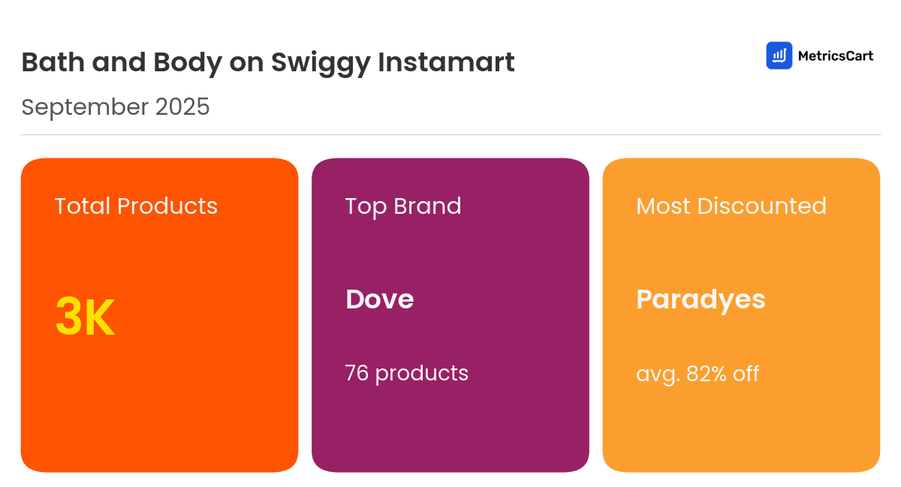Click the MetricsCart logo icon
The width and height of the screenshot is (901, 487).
coord(779,56)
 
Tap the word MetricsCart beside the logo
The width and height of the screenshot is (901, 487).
coord(835,56)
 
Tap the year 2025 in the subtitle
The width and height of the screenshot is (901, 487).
coord(182,107)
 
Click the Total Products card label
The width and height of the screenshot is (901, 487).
coord(136,206)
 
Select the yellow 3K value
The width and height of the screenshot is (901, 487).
coord(85,317)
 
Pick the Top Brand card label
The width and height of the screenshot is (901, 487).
coord(403,206)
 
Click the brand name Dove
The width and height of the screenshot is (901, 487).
coord(379,299)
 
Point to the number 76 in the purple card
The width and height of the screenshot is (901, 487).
coord(357,373)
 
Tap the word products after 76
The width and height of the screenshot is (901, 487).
coord(421,374)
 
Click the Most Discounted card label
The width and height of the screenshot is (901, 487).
coord(731,206)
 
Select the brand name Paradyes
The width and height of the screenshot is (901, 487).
coord(701,299)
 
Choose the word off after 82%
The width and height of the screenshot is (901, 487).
coord(746,373)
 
